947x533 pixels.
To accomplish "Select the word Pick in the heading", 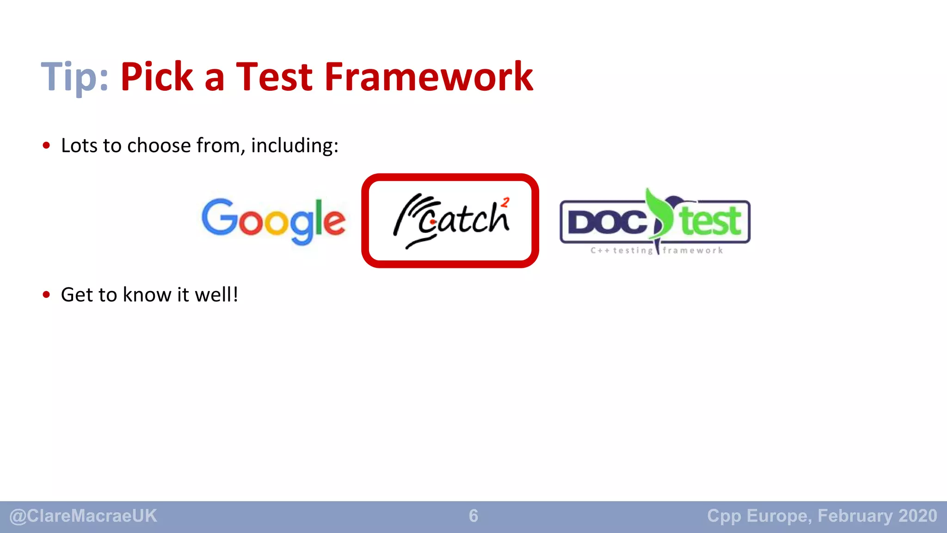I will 157,77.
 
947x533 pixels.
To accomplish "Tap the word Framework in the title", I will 429,77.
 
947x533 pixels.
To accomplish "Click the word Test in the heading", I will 274,77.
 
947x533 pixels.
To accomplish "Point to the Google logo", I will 273,221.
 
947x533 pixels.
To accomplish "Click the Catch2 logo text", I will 462,220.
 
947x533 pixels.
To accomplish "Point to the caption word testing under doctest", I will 633,251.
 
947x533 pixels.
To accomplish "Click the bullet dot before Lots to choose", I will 46,146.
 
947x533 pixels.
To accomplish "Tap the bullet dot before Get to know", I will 46,295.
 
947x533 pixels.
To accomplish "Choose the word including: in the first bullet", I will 295,146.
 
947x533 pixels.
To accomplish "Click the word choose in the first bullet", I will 159,146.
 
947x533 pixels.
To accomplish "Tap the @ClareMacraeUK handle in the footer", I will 83,516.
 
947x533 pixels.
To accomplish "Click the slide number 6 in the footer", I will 473,516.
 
